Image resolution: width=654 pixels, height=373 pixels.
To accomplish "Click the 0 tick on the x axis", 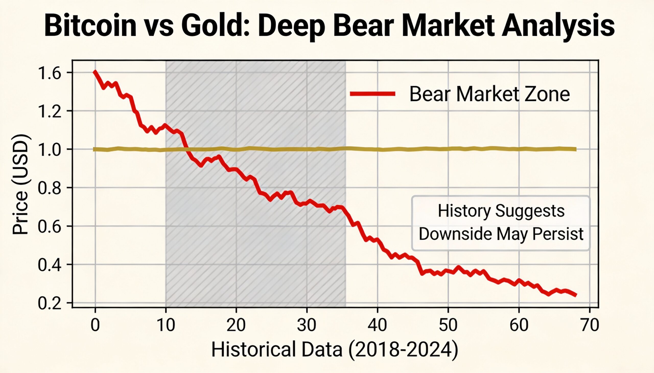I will point(95,325).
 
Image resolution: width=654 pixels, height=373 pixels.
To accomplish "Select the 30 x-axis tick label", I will point(307,325).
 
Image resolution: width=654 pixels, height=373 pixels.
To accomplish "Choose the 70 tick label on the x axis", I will point(590,325).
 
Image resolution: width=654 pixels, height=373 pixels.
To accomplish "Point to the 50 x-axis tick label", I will point(448,325).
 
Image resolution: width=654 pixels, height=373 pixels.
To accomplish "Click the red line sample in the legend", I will point(373,94).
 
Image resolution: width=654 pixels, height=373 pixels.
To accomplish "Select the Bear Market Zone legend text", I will point(489,94).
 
